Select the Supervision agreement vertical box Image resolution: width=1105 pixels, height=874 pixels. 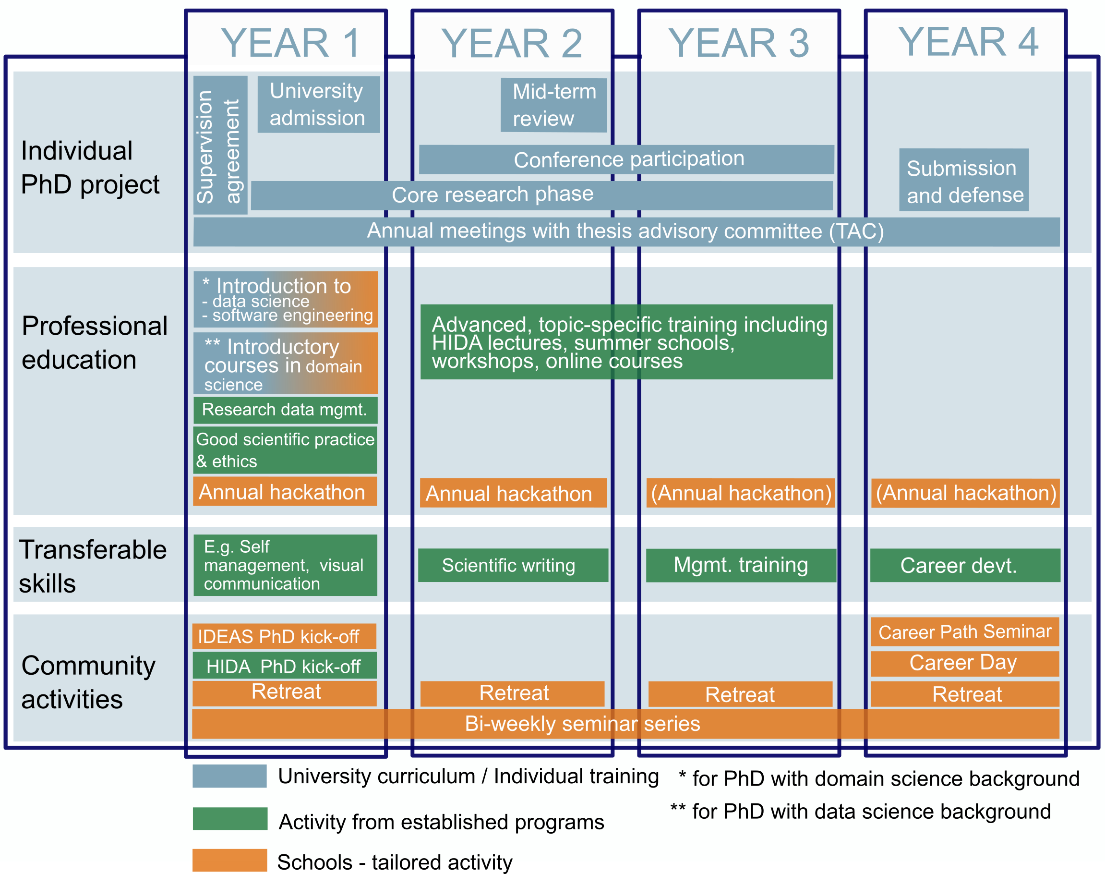coord(220,146)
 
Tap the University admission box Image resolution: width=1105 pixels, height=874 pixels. coord(318,104)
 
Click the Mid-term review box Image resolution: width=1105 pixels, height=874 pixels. coord(553,105)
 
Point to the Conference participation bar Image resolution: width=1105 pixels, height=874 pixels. coord(626,159)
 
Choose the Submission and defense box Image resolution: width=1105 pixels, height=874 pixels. coord(964,180)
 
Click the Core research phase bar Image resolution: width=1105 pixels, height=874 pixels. coord(542,195)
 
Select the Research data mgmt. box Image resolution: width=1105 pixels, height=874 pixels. coord(286,410)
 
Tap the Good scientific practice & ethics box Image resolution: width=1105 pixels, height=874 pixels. coord(286,450)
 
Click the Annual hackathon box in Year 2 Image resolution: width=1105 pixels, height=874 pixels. coord(513,493)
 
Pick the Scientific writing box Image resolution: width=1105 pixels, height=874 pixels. coord(513,565)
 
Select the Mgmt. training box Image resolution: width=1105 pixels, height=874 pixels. coord(741,565)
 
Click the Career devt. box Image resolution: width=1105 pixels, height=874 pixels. coord(965,565)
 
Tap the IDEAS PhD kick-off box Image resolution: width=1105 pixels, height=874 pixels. coord(285,636)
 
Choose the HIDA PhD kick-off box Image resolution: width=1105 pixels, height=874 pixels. coord(285,665)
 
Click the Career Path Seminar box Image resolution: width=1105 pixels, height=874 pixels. coord(965,632)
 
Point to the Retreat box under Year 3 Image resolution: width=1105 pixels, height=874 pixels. coord(740,694)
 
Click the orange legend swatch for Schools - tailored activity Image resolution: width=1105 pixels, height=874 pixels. coord(230,860)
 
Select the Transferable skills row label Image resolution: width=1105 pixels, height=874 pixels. coord(93,567)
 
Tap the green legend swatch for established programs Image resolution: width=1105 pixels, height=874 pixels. coord(230,819)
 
